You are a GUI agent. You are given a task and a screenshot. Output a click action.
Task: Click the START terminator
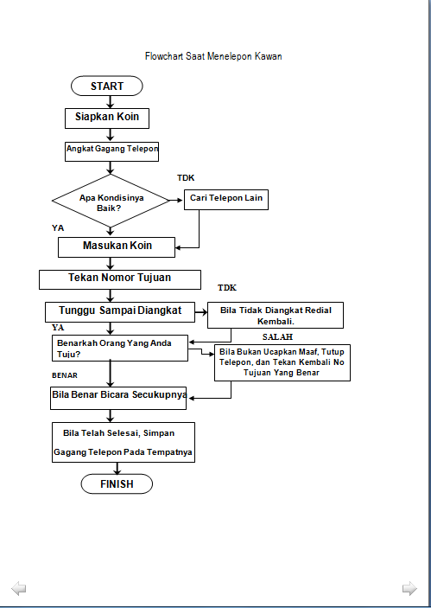107,86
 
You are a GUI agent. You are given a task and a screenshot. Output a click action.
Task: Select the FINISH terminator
117,483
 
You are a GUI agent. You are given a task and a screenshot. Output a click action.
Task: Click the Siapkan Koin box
107,118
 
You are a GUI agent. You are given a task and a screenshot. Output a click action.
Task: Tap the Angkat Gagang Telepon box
112,149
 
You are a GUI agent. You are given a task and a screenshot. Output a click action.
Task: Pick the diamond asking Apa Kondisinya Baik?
111,202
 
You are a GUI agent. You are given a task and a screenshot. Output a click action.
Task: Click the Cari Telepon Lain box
226,199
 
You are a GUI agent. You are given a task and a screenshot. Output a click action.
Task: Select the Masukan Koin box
117,246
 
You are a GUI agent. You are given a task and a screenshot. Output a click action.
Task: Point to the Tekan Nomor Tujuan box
119,278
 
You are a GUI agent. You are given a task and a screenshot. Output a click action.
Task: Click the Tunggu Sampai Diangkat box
119,310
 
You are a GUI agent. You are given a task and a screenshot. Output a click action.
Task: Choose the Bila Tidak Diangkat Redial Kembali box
276,314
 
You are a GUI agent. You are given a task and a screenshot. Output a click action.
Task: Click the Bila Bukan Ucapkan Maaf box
275,362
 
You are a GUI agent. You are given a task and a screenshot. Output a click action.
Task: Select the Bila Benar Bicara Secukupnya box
119,397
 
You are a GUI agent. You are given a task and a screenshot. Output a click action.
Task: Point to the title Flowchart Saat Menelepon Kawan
213,56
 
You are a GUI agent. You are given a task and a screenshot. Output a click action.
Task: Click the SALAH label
277,336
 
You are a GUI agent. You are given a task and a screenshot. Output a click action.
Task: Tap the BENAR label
66,376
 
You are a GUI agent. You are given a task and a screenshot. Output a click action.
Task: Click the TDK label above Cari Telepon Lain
186,177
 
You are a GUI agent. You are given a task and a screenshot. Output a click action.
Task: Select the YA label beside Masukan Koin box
58,227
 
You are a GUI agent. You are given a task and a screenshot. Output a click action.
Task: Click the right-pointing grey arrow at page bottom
409,589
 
